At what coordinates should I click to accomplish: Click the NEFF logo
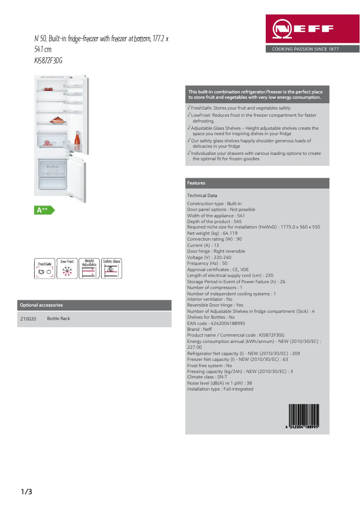312,30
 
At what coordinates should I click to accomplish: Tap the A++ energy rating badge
44,210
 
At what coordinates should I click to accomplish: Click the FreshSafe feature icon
44,268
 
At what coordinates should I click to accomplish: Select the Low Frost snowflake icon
67,268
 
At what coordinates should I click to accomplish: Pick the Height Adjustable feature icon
89,268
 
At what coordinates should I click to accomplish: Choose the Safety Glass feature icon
111,268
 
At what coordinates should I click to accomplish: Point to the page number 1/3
26,492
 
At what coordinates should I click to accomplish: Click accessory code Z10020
28,319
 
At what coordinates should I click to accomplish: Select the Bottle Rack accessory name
59,319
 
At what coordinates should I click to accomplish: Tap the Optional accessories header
41,305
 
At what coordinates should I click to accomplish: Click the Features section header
196,183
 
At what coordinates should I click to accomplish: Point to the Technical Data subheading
202,196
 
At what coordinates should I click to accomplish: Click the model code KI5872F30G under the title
48,60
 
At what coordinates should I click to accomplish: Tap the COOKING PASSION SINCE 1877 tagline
305,49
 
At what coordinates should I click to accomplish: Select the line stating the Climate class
207,377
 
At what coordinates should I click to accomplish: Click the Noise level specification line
220,383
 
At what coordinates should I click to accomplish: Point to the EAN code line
216,323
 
